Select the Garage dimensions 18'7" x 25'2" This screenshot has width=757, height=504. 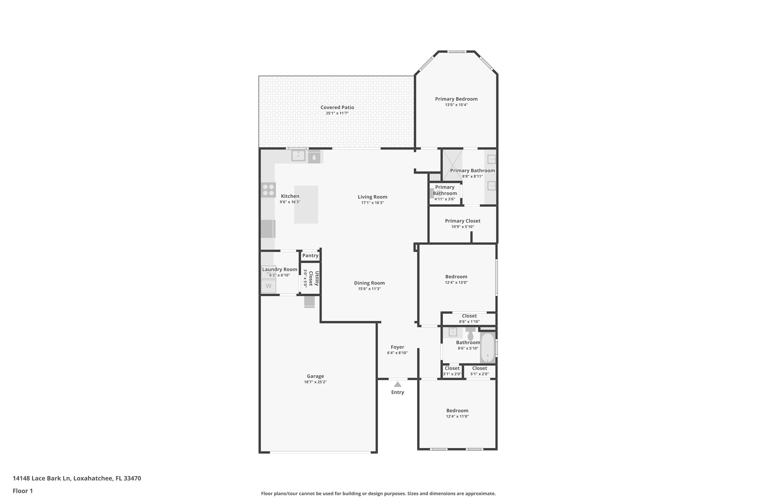point(315,382)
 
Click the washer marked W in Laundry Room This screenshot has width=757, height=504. point(268,286)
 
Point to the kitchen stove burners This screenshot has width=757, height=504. point(268,190)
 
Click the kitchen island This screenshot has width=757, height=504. point(306,204)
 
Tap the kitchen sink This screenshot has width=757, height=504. point(298,155)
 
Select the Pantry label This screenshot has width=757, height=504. point(310,256)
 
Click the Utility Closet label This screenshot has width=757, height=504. point(314,278)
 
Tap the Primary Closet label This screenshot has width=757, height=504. point(463,221)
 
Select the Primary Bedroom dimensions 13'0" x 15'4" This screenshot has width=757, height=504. point(456,105)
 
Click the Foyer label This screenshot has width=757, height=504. point(397,347)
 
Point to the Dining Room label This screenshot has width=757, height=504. point(369,283)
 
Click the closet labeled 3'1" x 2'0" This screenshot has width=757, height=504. point(452,371)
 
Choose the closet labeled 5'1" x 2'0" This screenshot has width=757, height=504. point(480,371)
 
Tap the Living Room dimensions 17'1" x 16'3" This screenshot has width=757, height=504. point(372,203)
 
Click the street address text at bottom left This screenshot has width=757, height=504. point(77,478)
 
